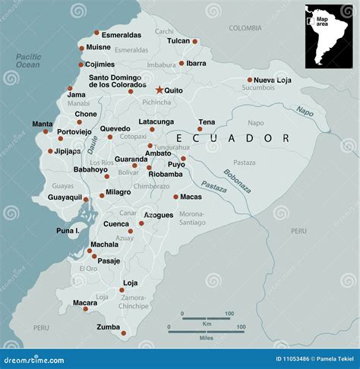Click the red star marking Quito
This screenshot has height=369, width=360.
(159, 90)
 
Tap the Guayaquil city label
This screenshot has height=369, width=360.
(65, 197)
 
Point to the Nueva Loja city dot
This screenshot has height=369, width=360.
(250, 80)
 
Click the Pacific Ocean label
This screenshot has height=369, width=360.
(27, 61)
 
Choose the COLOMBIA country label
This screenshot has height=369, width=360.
(245, 28)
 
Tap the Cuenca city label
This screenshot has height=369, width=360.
(116, 224)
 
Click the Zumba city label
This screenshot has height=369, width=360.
(108, 327)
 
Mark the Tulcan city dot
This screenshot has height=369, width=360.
(195, 42)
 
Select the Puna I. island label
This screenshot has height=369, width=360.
(68, 230)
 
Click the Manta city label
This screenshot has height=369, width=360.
(43, 124)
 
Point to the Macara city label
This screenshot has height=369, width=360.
(84, 303)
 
